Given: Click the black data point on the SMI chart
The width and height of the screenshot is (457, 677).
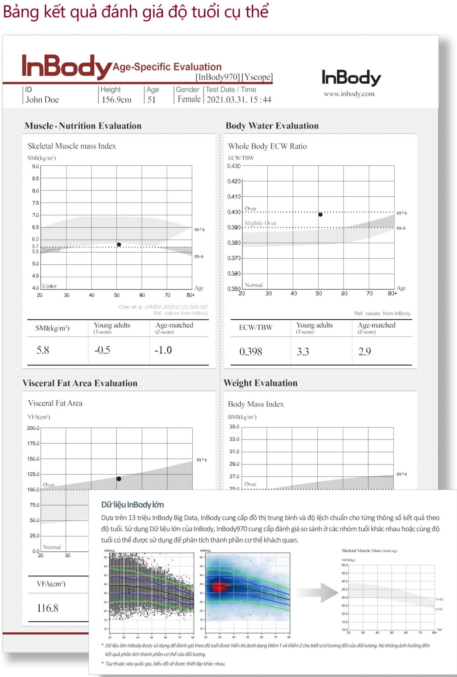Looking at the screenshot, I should pos(119,245).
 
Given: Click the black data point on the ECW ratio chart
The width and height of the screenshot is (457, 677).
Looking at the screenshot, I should pos(320,215).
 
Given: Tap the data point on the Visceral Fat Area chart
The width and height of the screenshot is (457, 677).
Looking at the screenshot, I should pos(119,479).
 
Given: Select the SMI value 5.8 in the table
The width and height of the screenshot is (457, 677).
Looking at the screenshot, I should pos(43,350).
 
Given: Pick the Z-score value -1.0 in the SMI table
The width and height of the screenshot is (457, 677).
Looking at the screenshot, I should pos(163,350).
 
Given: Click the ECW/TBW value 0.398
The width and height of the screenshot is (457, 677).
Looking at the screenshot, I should pos(251,351).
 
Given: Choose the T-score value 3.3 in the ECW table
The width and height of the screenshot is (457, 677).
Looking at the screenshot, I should pos(303,351).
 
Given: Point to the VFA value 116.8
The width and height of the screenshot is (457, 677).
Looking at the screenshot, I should pos(48,608).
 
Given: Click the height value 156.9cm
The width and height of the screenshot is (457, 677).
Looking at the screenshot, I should pos(116,100).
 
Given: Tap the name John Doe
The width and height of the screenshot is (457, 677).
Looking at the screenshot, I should pos(42,100).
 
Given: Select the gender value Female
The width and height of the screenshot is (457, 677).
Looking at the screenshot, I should pos(189,99).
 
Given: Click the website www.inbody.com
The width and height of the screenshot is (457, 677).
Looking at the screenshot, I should pos(349,94).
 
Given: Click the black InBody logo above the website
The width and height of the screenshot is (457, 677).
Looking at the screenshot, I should pos(351,78).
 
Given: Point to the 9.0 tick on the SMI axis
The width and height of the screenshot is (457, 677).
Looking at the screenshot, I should pos(35,166).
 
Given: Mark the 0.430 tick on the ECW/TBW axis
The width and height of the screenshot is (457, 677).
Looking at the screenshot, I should pos(234,166).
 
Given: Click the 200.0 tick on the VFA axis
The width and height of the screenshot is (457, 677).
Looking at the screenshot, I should pos(33,428).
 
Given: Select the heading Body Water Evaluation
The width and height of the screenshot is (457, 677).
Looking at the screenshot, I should pos(272,126).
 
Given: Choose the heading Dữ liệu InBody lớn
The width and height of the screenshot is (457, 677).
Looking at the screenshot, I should pos(132,505).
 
